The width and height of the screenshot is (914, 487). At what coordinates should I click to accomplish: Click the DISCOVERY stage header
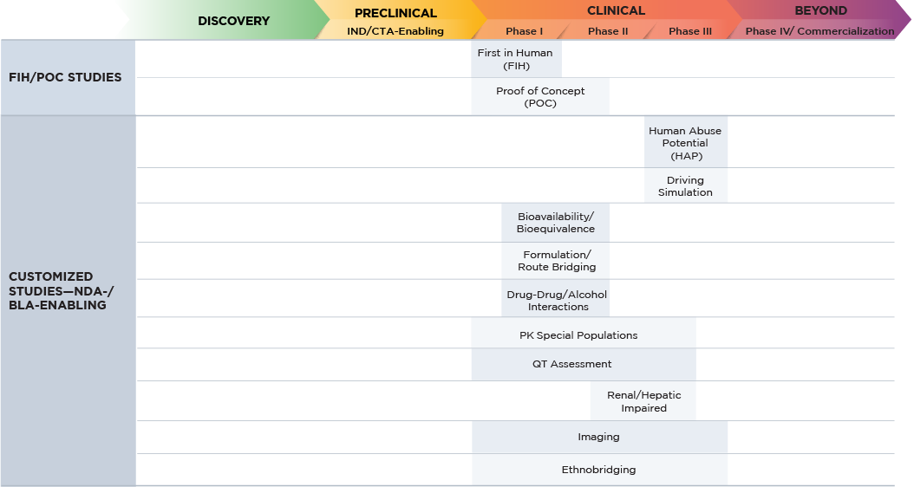pos(233,21)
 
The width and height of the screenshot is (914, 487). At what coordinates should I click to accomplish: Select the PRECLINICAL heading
pos(395,13)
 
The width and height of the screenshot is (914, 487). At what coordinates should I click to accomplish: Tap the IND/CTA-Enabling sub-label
pos(395,31)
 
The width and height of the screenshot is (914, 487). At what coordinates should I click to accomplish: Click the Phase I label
pos(525,31)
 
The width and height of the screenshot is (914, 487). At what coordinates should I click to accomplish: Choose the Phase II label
pos(607,31)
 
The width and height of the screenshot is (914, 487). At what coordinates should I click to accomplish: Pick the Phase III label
pos(690,31)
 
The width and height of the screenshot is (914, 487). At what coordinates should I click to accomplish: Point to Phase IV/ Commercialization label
pos(819,31)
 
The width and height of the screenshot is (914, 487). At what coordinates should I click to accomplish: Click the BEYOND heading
pos(820,11)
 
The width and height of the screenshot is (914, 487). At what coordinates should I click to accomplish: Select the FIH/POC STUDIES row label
pos(65,77)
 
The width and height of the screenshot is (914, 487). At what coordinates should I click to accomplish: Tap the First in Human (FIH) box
pos(515,59)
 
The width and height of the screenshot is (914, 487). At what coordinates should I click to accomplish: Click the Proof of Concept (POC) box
pos(540,97)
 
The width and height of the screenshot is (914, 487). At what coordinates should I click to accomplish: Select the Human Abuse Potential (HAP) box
pos(685,143)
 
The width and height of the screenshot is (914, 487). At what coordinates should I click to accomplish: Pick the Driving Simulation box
pos(685,186)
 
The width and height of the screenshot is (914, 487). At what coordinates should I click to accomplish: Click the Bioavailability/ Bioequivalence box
pos(555,223)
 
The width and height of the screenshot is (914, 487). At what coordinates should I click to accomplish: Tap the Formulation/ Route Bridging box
pos(556,261)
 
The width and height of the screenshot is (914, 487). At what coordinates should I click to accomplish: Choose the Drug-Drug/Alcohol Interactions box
pos(556,300)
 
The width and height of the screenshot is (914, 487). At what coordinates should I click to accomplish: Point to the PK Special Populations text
pos(578,335)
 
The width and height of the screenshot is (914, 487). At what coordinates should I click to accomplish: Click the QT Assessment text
pos(572,364)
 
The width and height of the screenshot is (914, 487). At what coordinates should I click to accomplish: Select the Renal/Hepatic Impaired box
pos(643,401)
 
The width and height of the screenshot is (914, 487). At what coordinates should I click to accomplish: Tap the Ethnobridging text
pos(598,470)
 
